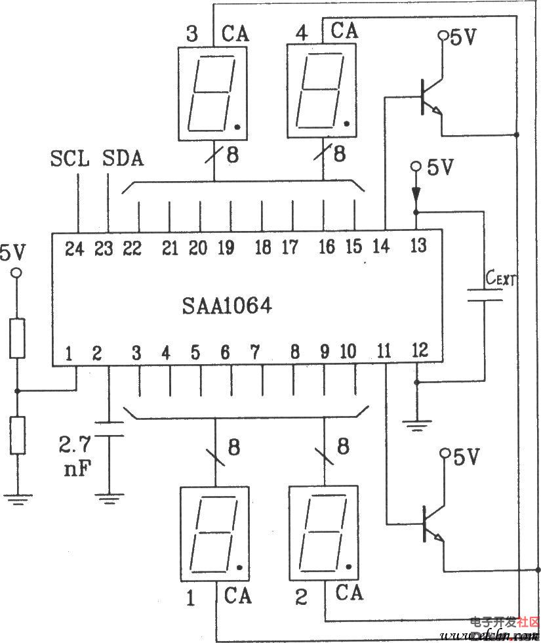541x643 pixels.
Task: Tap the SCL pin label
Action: (70, 159)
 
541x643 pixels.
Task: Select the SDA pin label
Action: (124, 159)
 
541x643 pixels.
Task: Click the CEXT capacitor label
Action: (500, 281)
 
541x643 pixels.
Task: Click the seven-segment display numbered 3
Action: (213, 92)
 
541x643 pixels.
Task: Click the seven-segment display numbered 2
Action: (323, 533)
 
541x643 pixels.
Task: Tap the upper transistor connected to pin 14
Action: (430, 97)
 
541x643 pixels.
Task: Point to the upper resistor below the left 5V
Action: (18, 339)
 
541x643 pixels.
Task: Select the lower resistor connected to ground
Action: (18, 435)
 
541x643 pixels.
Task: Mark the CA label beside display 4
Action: (345, 30)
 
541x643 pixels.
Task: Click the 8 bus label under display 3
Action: (231, 156)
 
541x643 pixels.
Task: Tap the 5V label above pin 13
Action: (440, 168)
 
